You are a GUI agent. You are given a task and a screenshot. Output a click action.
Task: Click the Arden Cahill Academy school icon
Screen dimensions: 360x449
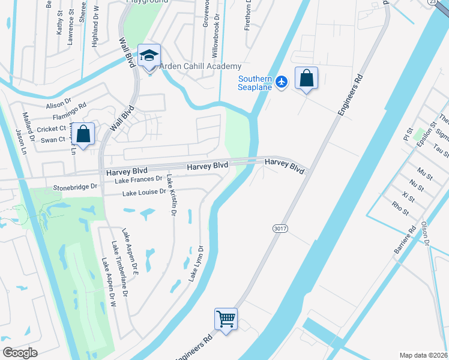[x=148, y=56]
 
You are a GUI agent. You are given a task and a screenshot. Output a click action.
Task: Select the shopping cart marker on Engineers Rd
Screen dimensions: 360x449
[x=226, y=319]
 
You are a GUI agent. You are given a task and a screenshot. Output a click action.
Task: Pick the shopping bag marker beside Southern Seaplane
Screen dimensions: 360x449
[x=306, y=79]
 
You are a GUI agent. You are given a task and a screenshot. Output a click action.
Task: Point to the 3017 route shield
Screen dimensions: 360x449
[x=278, y=229]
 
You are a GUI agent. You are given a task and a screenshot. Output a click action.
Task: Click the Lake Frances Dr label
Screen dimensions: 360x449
[x=139, y=179]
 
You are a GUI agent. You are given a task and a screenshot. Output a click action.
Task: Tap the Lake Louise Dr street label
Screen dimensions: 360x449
[x=143, y=193]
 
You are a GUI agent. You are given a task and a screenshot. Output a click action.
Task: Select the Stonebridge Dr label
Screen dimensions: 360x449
[x=75, y=187]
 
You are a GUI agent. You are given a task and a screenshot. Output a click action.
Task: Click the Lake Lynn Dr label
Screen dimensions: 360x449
[x=196, y=264]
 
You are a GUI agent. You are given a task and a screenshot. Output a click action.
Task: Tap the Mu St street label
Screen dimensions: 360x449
[x=425, y=175]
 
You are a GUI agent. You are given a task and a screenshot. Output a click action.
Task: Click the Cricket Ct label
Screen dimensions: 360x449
[x=52, y=129]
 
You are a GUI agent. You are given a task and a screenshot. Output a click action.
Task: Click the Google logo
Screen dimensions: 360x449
[x=20, y=353]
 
